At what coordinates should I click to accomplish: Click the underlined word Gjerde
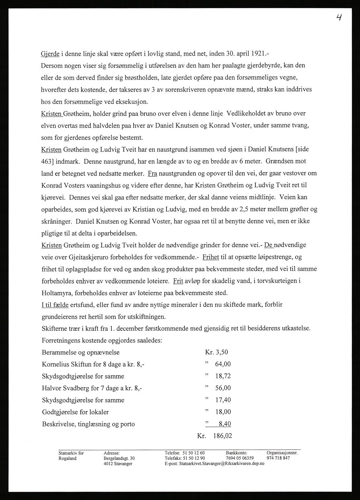52,53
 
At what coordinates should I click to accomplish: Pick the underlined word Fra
152,174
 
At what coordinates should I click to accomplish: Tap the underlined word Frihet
210,257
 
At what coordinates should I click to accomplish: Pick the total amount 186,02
223,436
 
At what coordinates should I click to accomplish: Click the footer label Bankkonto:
237,453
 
